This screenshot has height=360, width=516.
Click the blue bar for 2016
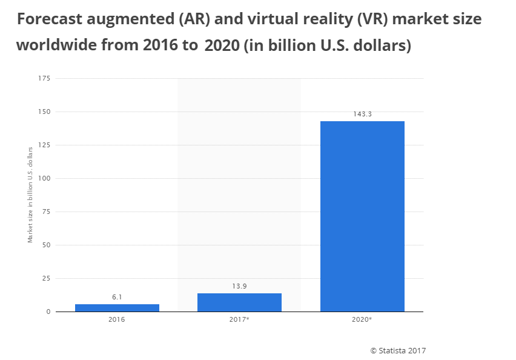pos(117,308)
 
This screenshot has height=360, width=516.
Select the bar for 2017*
pos(239,302)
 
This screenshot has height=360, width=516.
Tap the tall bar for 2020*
pos(362,216)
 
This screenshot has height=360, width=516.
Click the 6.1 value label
pos(117,298)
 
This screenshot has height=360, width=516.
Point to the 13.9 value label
pos(239,287)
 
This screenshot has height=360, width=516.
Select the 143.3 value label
pos(362,114)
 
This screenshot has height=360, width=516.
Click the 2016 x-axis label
pos(117,319)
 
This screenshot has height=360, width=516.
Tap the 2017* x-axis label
pos(240,319)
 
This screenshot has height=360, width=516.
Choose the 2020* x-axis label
pos(362,319)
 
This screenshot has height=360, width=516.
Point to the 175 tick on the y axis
pos(44,78)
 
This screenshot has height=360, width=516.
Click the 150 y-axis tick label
pos(44,112)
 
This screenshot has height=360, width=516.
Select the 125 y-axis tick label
pos(44,145)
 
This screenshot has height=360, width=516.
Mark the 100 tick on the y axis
pos(44,178)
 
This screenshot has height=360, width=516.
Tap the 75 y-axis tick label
pos(46,212)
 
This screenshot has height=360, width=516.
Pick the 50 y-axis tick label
pos(46,245)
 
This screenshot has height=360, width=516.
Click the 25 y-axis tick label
pos(46,278)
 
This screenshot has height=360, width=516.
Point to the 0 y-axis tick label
pos(48,312)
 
